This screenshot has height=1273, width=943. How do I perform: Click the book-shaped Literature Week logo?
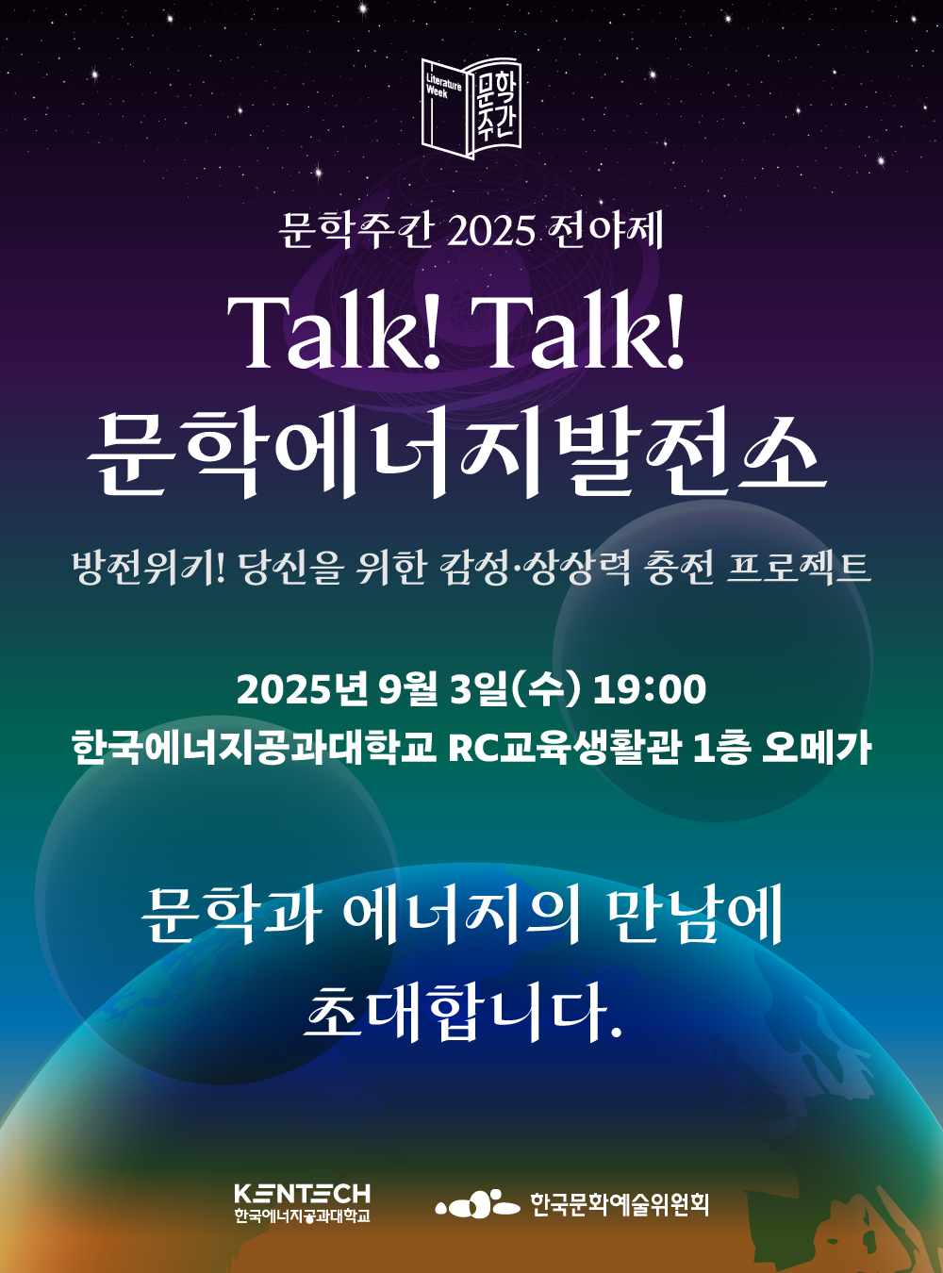pyautogui.click(x=471, y=107)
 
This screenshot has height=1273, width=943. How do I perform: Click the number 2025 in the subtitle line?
pyautogui.click(x=491, y=231)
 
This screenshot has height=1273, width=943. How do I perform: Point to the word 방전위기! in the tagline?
pyautogui.click(x=150, y=568)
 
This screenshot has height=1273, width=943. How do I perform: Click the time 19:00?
pyautogui.click(x=650, y=689)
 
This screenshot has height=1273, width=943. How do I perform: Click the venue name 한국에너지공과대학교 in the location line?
pyautogui.click(x=254, y=748)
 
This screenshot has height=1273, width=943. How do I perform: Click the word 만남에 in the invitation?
pyautogui.click(x=693, y=915)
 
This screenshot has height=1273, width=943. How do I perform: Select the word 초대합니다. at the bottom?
pyautogui.click(x=463, y=1012)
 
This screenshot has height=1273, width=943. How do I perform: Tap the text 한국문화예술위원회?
pyautogui.click(x=619, y=1204)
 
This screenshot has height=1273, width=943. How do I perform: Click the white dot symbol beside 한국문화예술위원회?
pyautogui.click(x=477, y=1204)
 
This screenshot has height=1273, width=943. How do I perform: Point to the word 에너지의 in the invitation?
pyautogui.click(x=461, y=915)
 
